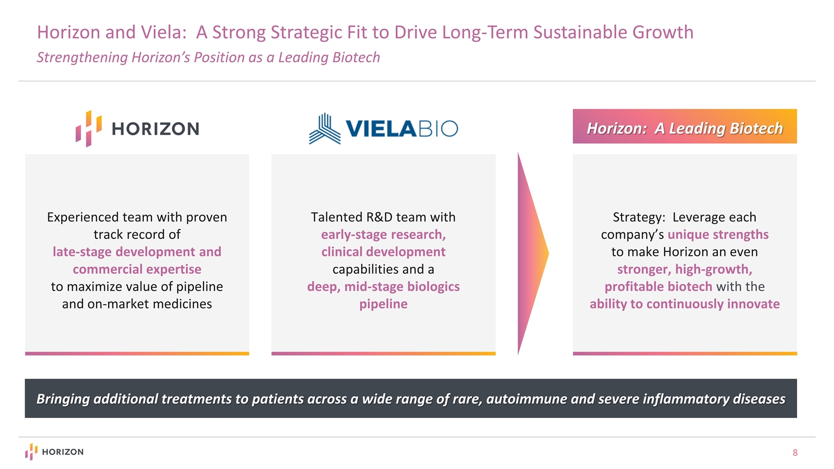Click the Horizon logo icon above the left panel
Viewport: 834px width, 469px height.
click(89, 129)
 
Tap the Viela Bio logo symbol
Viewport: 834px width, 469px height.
click(325, 129)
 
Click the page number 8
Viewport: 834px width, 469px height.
click(795, 453)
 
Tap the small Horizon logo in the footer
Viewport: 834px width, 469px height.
click(54, 452)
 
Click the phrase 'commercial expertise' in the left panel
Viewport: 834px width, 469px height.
click(137, 269)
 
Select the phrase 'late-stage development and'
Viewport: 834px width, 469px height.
click(137, 252)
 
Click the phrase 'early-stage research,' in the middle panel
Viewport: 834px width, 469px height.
click(383, 234)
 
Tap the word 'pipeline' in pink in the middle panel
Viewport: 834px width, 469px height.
click(383, 304)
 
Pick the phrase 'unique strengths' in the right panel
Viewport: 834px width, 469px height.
click(718, 234)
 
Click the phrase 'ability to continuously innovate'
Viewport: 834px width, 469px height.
click(685, 304)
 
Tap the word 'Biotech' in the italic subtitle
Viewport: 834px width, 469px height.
click(356, 58)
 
